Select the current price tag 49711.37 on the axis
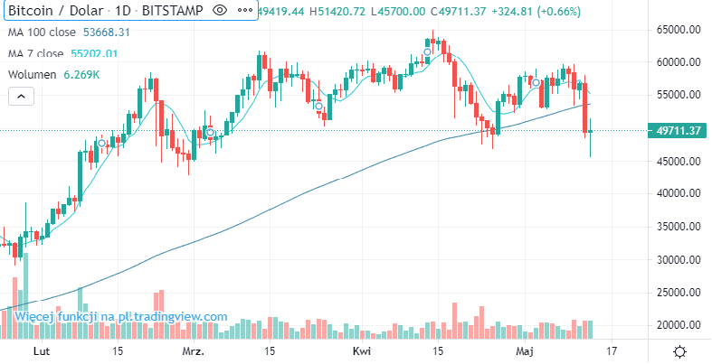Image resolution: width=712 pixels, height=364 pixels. pyautogui.click(x=679, y=131)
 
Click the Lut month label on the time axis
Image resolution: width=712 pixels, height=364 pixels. pyautogui.click(x=40, y=350)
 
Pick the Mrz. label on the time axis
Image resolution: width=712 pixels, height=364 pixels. pyautogui.click(x=193, y=350)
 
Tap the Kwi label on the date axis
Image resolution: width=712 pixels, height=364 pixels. pyautogui.click(x=361, y=350)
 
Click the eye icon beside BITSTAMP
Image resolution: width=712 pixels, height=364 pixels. pyautogui.click(x=219, y=11)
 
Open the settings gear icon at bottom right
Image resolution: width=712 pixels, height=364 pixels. pyautogui.click(x=679, y=350)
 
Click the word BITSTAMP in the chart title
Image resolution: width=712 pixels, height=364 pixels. pyautogui.click(x=172, y=11)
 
